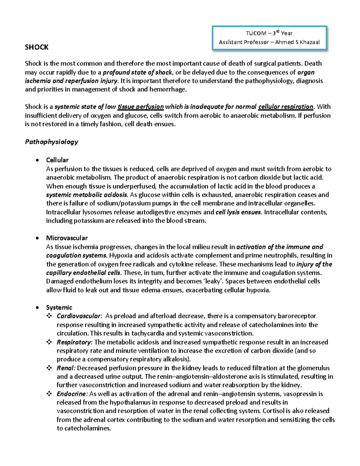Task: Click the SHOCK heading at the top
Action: (37, 47)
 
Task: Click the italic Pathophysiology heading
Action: (51, 142)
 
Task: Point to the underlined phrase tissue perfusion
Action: (141, 107)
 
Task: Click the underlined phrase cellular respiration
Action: (286, 107)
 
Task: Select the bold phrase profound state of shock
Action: (137, 72)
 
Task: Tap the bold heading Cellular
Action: (57, 160)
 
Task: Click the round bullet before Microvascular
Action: (37, 238)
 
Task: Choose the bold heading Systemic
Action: (59, 308)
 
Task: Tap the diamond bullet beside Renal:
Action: (49, 368)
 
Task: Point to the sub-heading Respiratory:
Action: (75, 342)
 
